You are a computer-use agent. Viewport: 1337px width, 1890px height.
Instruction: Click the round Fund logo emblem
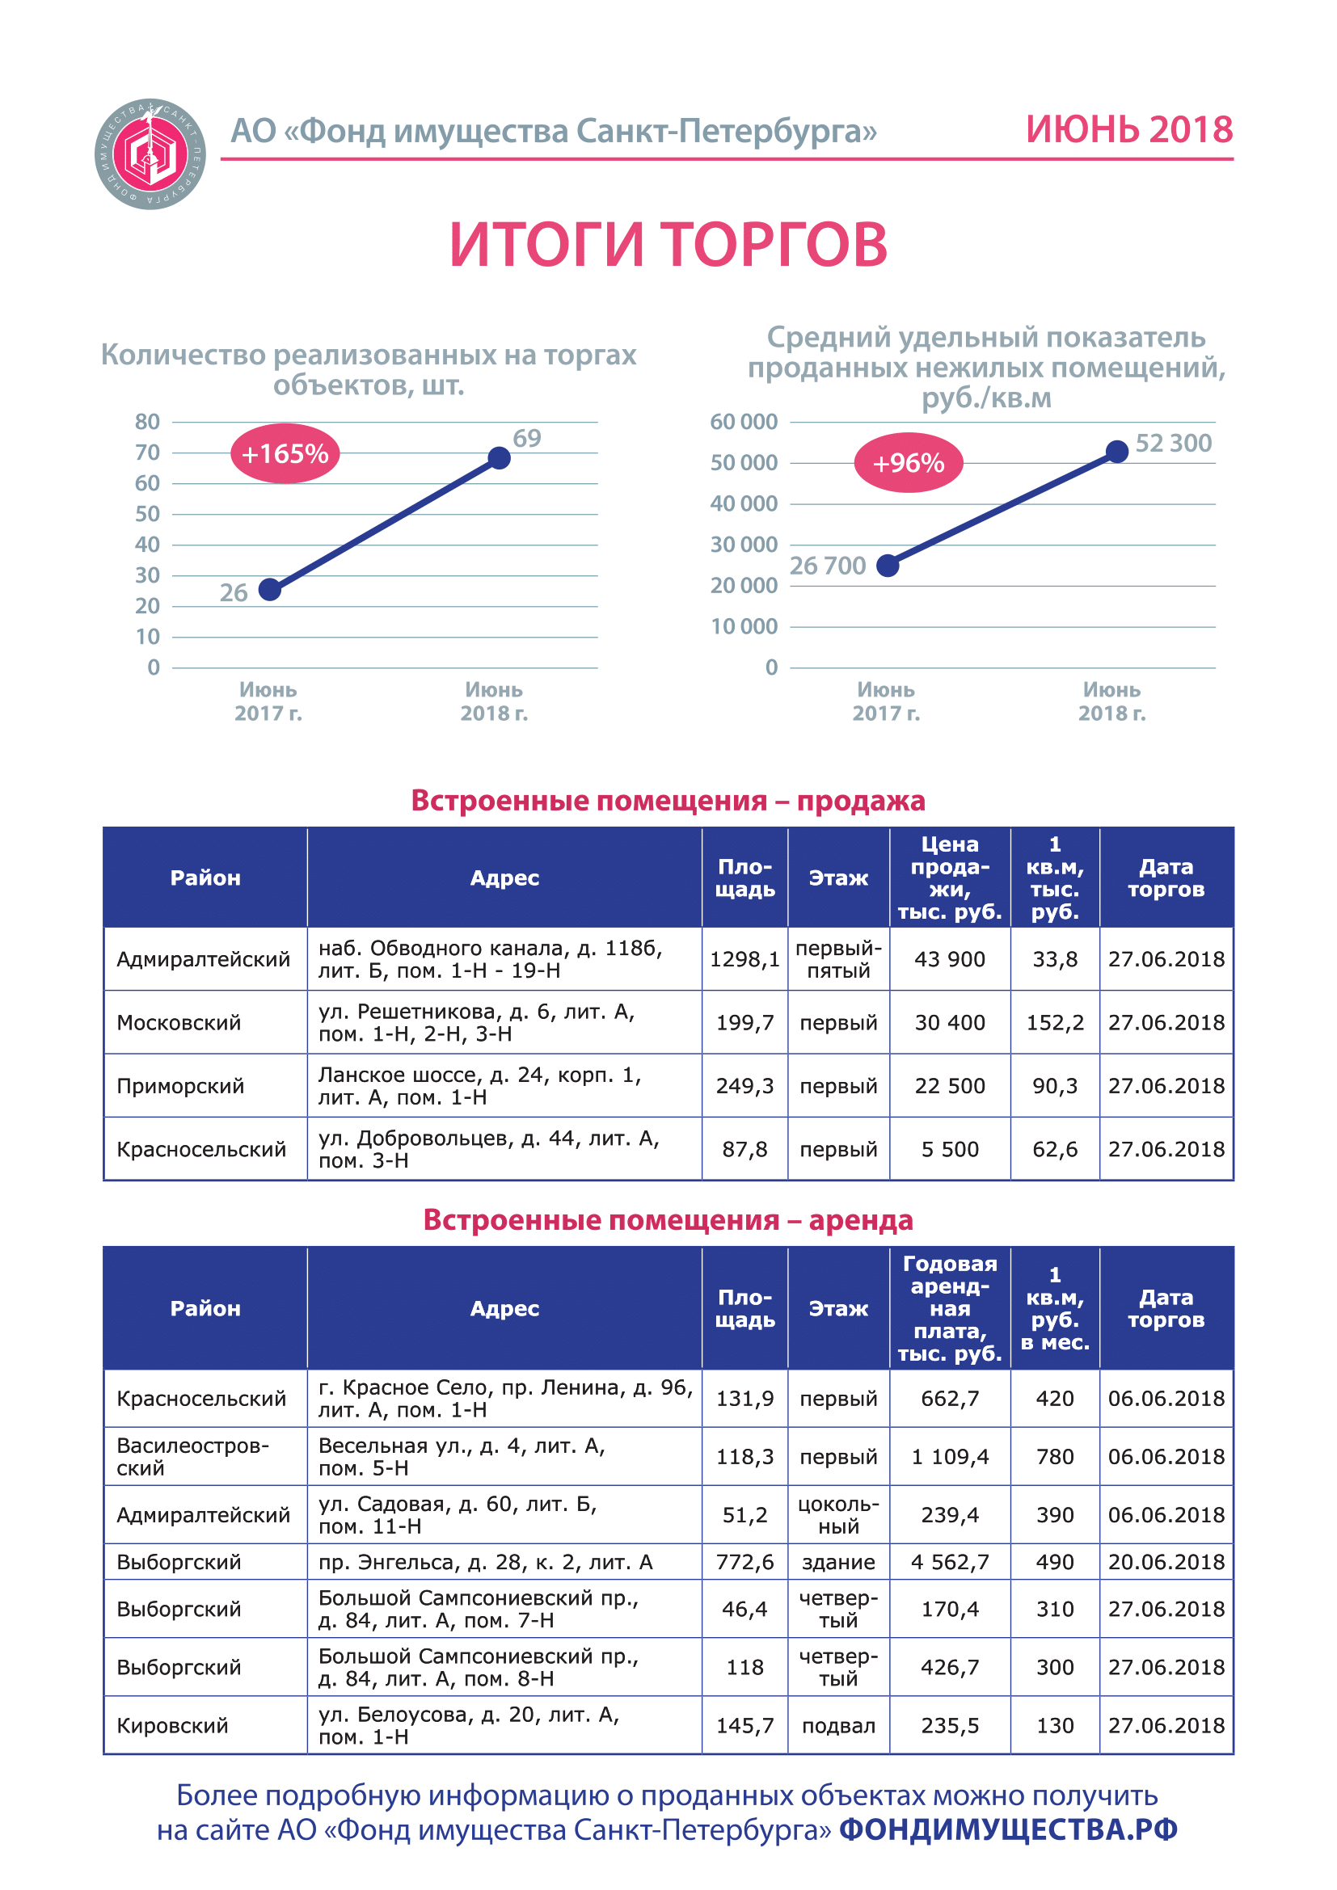[150, 154]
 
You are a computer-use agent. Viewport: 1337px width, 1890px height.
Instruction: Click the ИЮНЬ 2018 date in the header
[1128, 130]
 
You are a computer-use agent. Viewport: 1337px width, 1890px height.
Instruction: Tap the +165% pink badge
[285, 453]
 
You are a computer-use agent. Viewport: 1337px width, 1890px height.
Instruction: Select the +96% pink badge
[908, 463]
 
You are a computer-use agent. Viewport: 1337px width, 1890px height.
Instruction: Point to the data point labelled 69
[499, 457]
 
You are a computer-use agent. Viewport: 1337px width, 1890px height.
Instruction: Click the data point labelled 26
[270, 589]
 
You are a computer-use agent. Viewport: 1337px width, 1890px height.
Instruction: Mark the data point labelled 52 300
[1116, 451]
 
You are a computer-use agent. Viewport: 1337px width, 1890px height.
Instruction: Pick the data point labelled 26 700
[888, 566]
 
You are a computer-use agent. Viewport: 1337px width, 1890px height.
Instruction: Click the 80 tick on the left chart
[147, 422]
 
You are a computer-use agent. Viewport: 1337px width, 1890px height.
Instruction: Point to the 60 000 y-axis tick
[744, 422]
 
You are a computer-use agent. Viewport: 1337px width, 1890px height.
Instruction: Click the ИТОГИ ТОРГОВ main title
[668, 245]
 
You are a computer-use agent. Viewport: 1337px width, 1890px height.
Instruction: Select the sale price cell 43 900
[949, 959]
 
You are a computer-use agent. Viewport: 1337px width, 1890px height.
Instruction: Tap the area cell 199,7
[745, 1022]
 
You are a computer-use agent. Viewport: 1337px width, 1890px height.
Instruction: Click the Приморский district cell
[180, 1086]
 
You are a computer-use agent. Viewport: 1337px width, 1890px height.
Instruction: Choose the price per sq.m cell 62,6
[1055, 1149]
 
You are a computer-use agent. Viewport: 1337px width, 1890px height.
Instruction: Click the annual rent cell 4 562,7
[949, 1562]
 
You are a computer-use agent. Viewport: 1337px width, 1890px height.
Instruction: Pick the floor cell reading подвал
[838, 1724]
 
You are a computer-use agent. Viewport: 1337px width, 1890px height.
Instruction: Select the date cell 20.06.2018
[1166, 1562]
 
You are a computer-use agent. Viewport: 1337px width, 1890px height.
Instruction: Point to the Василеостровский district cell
[193, 1456]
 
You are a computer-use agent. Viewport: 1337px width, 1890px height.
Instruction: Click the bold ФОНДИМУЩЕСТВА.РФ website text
[1009, 1829]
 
